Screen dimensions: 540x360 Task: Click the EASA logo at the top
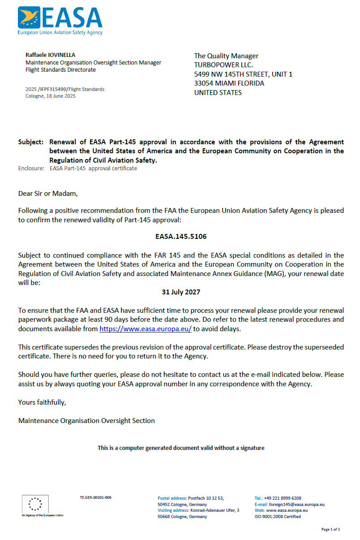(60, 20)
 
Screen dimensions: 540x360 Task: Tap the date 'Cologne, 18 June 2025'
(51, 96)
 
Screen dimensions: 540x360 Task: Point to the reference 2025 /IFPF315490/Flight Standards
(65, 89)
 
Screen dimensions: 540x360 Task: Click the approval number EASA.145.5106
(181, 236)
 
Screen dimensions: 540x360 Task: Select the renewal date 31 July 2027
(181, 292)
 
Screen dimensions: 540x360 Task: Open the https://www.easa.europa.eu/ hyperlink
(146, 328)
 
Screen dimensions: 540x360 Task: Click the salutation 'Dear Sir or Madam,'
(48, 194)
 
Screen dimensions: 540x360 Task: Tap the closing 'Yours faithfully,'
(42, 402)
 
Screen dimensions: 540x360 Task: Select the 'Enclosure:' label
(31, 168)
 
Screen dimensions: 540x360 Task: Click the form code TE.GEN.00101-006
(95, 497)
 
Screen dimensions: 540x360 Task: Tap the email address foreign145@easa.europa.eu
(296, 504)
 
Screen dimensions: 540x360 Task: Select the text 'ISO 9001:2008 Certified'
(278, 516)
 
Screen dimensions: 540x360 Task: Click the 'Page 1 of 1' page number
(330, 529)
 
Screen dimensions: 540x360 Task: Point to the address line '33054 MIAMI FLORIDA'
(229, 83)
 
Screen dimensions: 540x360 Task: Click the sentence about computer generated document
(181, 448)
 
